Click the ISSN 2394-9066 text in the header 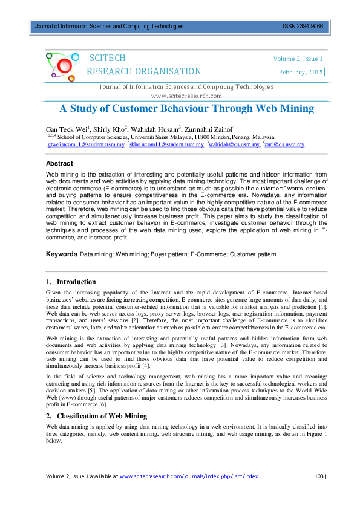[x=303, y=27]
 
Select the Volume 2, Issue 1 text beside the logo [x=298, y=59]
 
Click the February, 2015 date [x=301, y=73]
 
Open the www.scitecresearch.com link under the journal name [x=186, y=96]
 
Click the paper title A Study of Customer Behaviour [x=186, y=109]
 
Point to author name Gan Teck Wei [x=67, y=129]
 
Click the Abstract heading [x=60, y=164]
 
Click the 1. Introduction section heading [x=71, y=282]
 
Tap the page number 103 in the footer [x=319, y=476]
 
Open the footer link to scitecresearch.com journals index [x=189, y=476]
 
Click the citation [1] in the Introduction [x=323, y=308]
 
